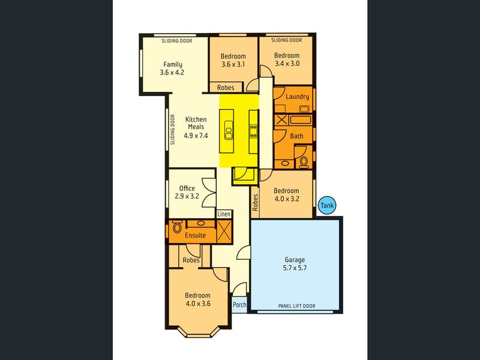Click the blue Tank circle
click(327, 206)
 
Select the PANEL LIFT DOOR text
click(296, 306)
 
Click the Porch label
click(239, 304)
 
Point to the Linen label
click(224, 214)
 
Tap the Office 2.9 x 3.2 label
click(187, 192)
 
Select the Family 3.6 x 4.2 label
click(172, 68)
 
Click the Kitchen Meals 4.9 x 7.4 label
click(196, 127)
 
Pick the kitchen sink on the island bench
click(229, 130)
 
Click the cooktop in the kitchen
click(253, 131)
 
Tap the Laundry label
click(298, 97)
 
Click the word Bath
click(296, 136)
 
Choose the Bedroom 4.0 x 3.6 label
click(197, 299)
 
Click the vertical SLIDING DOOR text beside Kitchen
click(172, 130)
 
